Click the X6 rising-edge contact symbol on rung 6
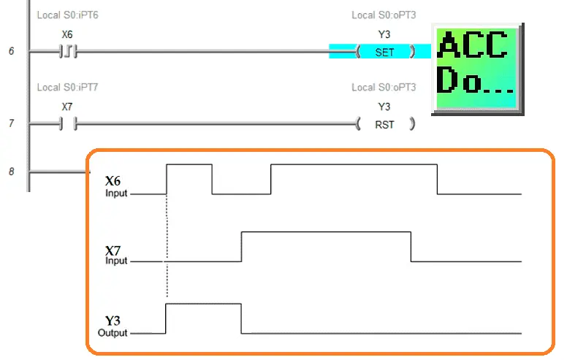pos(69,52)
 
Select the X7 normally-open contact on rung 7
pos(69,124)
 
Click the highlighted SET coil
pos(385,52)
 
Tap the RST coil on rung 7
pos(385,124)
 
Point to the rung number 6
pos(12,51)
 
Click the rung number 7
pos(12,123)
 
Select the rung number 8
pos(12,172)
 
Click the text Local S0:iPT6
pos(68,15)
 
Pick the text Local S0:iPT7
pos(68,87)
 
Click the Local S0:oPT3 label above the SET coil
pos(384,15)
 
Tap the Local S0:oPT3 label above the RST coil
pos(384,87)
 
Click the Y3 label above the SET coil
pos(384,34)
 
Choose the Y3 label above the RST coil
pos(384,107)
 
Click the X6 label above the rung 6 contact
pos(67,34)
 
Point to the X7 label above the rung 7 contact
pos(67,107)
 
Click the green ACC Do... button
pos(478,69)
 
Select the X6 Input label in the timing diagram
pos(115,186)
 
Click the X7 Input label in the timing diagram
pos(115,255)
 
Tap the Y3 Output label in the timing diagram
pos(113,326)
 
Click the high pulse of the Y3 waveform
pos(203,304)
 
